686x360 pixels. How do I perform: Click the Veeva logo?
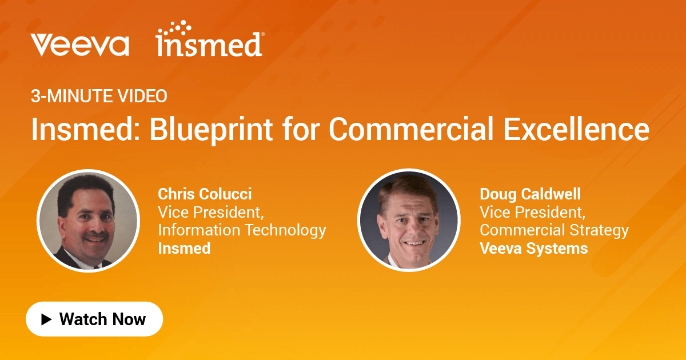[x=80, y=45]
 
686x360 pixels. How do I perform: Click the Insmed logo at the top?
[x=209, y=41]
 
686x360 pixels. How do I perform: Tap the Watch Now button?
[x=94, y=319]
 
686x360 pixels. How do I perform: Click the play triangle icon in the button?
[x=46, y=319]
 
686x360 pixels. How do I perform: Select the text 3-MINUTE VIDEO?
[x=99, y=97]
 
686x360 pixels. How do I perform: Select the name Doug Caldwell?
[x=530, y=194]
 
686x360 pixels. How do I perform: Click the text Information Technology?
[x=242, y=230]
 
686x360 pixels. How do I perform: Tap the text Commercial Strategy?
[x=554, y=230]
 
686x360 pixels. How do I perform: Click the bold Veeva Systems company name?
[x=533, y=249]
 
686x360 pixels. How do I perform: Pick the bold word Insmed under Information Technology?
[x=184, y=249]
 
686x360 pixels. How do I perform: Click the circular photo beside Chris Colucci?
[x=88, y=221]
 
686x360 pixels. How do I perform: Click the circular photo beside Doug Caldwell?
[x=409, y=221]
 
